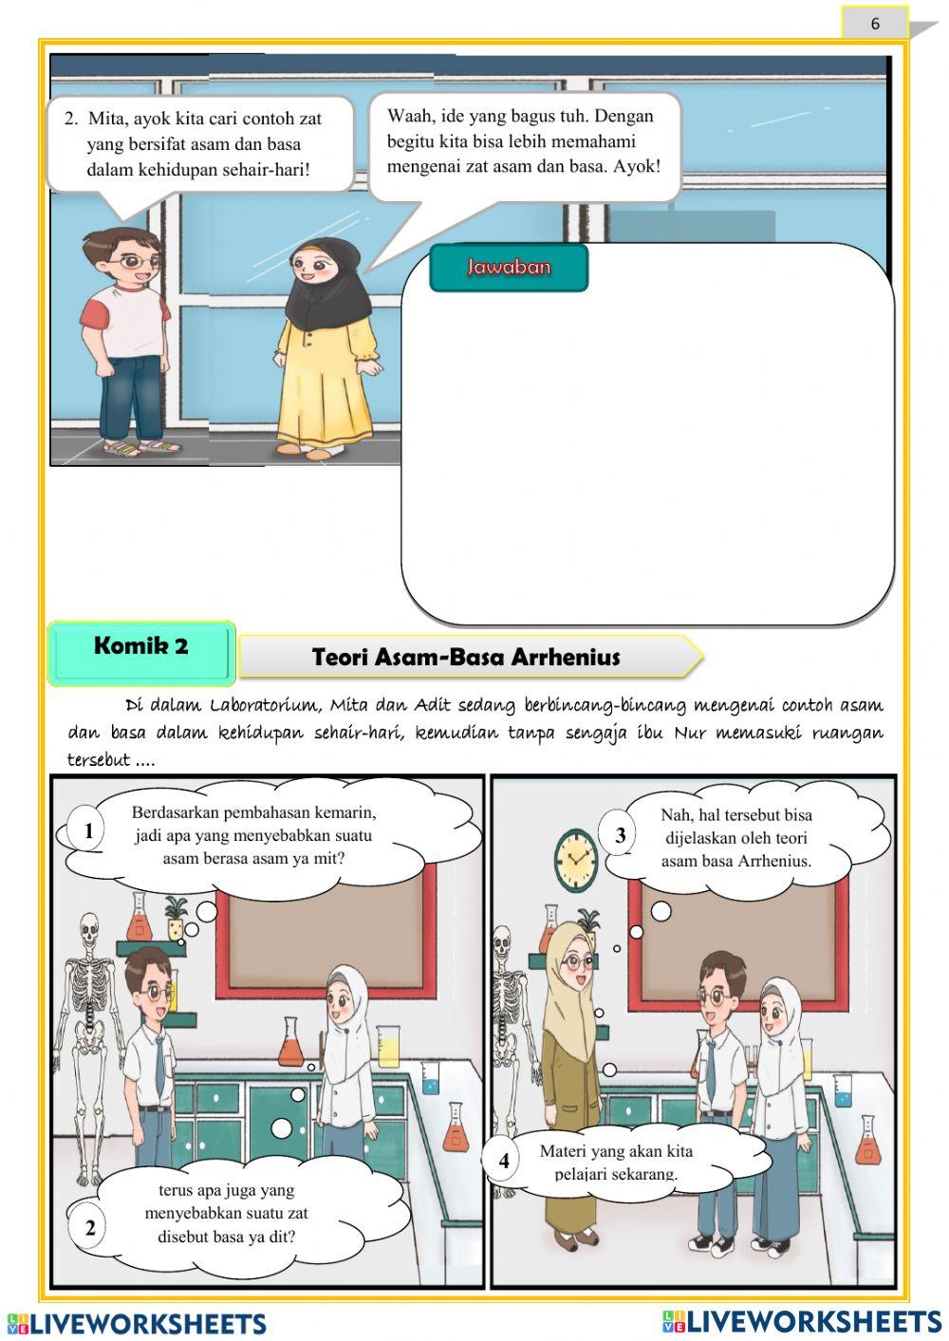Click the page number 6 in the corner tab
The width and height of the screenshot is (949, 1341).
[x=875, y=24]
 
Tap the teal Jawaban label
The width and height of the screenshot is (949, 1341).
[x=509, y=267]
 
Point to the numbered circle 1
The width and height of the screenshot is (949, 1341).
[x=89, y=831]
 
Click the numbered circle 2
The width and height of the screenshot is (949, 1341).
[x=90, y=1227]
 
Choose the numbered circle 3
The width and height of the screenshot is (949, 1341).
[x=621, y=835]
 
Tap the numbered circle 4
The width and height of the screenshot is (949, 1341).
[x=503, y=1160]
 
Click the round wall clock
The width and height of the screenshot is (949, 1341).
[x=575, y=859]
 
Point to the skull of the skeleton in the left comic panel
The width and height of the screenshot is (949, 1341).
[x=90, y=927]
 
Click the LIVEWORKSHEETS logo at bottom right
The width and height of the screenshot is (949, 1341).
[x=802, y=1321]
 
